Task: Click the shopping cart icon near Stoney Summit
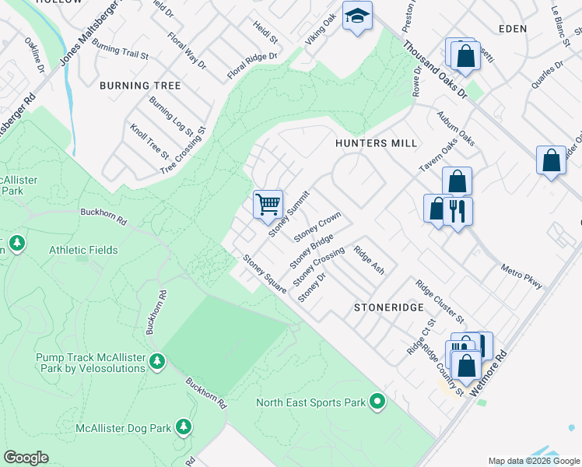point(268,204)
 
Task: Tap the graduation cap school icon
point(357,16)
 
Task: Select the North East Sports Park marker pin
point(377,402)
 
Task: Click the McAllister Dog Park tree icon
point(184,427)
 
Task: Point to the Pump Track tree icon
point(158,361)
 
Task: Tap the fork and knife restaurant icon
point(458,210)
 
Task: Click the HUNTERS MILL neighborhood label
point(376,144)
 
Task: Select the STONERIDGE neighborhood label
point(387,307)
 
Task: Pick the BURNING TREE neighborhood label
point(141,86)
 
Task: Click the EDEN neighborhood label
point(510,29)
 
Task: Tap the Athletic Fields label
point(83,250)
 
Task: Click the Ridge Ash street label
point(369,260)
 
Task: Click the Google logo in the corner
point(26,458)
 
